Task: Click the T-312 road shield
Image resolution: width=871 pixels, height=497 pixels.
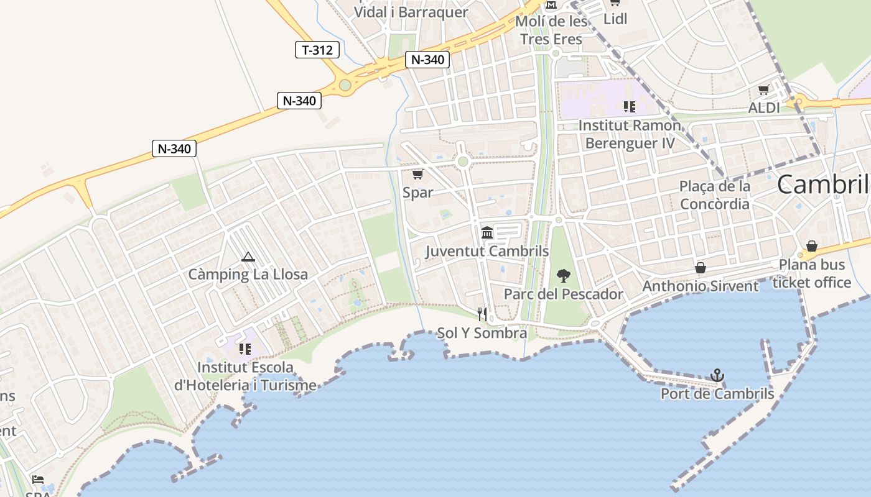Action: coord(317,50)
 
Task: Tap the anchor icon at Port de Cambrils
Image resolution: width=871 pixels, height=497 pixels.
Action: coord(717,375)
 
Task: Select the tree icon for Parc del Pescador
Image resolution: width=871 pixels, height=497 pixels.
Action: coord(564,275)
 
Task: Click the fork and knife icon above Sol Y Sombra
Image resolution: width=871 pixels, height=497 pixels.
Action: coord(482,314)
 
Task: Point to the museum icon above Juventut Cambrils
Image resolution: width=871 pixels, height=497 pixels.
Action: coord(487,233)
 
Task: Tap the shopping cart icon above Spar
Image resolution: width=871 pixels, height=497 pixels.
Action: coord(417,175)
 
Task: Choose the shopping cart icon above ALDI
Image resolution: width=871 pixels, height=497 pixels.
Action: coord(764,90)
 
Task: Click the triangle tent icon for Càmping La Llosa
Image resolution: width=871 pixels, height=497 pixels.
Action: coord(248,257)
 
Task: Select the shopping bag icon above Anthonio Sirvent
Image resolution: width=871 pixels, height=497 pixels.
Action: coord(701,268)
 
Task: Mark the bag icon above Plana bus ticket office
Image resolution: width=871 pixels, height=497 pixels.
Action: coord(812,246)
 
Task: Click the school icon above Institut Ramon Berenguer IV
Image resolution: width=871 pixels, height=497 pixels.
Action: coord(630,107)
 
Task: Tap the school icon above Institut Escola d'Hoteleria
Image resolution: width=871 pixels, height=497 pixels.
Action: coord(245,349)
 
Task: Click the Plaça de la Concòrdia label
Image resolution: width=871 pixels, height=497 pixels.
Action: coord(715,194)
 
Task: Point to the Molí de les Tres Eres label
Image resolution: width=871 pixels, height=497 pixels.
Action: coord(552,30)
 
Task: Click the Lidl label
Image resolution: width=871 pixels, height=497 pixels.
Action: coord(615,19)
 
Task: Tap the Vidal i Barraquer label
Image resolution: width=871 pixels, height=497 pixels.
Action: coord(411,12)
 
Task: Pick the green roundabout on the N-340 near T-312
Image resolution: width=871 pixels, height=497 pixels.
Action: coord(345,85)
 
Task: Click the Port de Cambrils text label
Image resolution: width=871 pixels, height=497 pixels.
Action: coord(717,394)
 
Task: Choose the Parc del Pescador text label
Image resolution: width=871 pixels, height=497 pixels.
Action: coord(563,294)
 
